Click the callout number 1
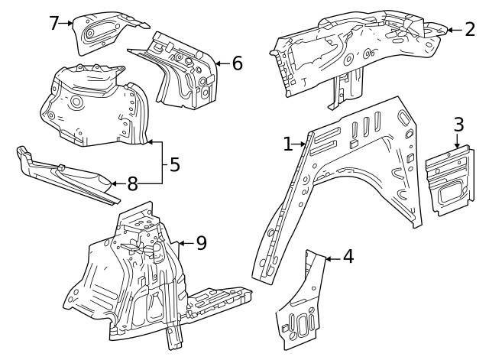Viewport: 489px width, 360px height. (x=289, y=144)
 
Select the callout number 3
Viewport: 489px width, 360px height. (x=458, y=125)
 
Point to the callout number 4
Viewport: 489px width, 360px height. (x=348, y=257)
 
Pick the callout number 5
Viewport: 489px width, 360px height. (x=175, y=164)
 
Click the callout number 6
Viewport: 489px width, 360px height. (x=237, y=63)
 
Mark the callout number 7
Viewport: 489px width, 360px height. (x=53, y=23)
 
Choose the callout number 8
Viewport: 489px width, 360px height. (x=132, y=183)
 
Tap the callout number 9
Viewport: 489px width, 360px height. (x=201, y=243)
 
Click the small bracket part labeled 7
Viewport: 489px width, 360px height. (x=103, y=32)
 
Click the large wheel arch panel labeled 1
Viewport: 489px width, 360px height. (x=359, y=168)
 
